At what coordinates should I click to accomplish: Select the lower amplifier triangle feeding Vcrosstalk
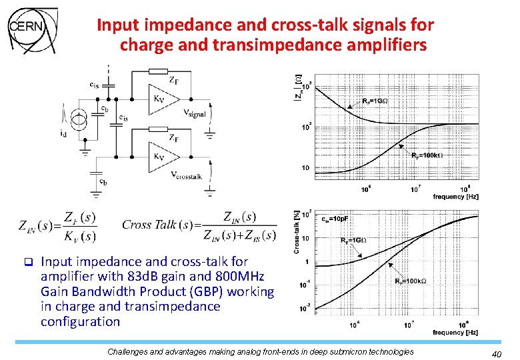pos(162,157)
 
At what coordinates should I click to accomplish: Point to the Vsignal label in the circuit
pos(195,113)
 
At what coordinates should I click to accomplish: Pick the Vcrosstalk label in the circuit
pos(187,175)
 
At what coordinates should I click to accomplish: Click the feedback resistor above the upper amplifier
pos(158,71)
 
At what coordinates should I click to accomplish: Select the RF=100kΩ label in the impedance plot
pos(427,155)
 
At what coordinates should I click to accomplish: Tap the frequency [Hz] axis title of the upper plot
pos(455,197)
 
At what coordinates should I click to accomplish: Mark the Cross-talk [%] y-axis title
pos(295,231)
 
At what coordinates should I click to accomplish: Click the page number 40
pos(496,353)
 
